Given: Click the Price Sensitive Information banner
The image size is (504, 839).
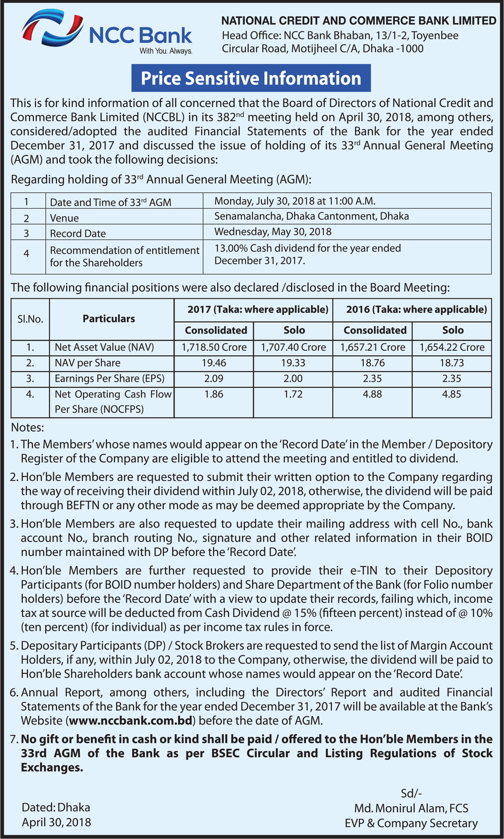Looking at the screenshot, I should pyautogui.click(x=251, y=78).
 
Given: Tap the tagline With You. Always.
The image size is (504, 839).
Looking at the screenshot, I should pyautogui.click(x=166, y=51).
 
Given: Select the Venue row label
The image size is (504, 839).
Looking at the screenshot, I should pyautogui.click(x=64, y=218).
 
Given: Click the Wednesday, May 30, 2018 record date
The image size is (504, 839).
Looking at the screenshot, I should pyautogui.click(x=273, y=232).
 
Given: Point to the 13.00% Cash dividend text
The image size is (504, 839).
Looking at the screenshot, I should pyautogui.click(x=307, y=248).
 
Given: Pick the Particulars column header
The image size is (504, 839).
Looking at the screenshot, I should pyautogui.click(x=109, y=319).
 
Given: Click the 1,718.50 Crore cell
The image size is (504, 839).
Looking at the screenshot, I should pyautogui.click(x=214, y=347).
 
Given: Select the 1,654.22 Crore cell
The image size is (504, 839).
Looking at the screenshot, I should pyautogui.click(x=452, y=347).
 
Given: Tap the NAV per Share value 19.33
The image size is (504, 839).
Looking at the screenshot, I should pyautogui.click(x=293, y=363).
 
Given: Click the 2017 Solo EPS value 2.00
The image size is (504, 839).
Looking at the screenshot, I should pyautogui.click(x=293, y=379).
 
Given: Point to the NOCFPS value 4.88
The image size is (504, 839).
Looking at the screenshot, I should pyautogui.click(x=372, y=394).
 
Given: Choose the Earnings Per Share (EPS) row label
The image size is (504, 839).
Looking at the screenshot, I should pyautogui.click(x=109, y=379).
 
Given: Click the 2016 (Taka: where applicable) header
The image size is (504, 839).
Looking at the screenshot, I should pyautogui.click(x=416, y=310).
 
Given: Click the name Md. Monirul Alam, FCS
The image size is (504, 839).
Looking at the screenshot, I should pyautogui.click(x=411, y=808).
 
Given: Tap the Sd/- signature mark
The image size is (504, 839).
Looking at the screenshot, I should pyautogui.click(x=411, y=793).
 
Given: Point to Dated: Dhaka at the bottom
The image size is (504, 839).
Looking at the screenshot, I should pyautogui.click(x=56, y=807).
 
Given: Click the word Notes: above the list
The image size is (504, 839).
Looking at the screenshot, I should pyautogui.click(x=28, y=428).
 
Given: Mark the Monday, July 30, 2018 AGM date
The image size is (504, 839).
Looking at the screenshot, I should pyautogui.click(x=295, y=201).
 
